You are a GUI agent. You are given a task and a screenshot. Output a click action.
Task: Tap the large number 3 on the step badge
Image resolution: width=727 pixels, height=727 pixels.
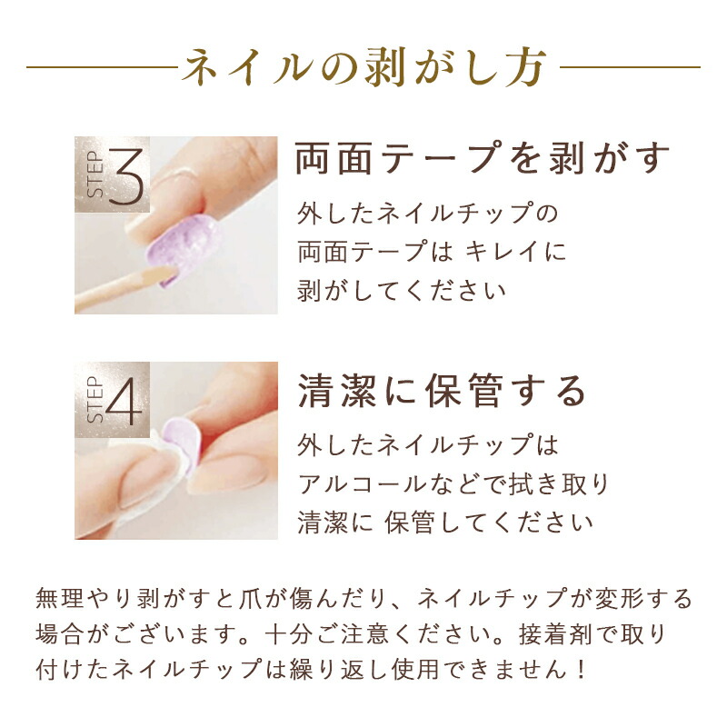(x=125, y=176)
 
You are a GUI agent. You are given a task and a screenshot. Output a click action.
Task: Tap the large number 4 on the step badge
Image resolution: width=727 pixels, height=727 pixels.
(x=124, y=401)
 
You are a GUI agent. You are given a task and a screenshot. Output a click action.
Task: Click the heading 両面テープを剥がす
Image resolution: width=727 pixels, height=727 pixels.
(x=483, y=157)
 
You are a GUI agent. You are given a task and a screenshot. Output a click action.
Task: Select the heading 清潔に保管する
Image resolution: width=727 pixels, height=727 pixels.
(x=442, y=391)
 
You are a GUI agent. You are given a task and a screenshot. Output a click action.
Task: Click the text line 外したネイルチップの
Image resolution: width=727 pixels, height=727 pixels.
(x=427, y=214)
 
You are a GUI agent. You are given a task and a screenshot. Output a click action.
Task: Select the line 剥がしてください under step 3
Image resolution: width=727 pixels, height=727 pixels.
(x=402, y=291)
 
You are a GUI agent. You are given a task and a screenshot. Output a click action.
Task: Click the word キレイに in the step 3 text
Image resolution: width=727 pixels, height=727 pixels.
(x=515, y=253)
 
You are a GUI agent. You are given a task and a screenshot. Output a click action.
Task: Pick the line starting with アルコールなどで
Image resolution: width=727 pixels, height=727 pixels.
(x=453, y=484)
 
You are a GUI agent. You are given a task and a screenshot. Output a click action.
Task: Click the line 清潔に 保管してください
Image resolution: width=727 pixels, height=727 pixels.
(x=445, y=523)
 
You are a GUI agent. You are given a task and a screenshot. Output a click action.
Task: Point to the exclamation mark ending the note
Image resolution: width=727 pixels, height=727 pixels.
(x=582, y=670)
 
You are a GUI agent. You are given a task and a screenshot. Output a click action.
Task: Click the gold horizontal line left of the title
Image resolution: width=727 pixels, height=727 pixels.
(x=102, y=67)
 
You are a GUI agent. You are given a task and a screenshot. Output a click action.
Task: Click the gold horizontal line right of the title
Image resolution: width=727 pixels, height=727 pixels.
(x=630, y=67)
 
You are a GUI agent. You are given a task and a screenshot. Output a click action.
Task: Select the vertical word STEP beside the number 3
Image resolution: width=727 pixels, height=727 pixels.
(x=95, y=174)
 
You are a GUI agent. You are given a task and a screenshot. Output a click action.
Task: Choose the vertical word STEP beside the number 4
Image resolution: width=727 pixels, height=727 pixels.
(x=95, y=400)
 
